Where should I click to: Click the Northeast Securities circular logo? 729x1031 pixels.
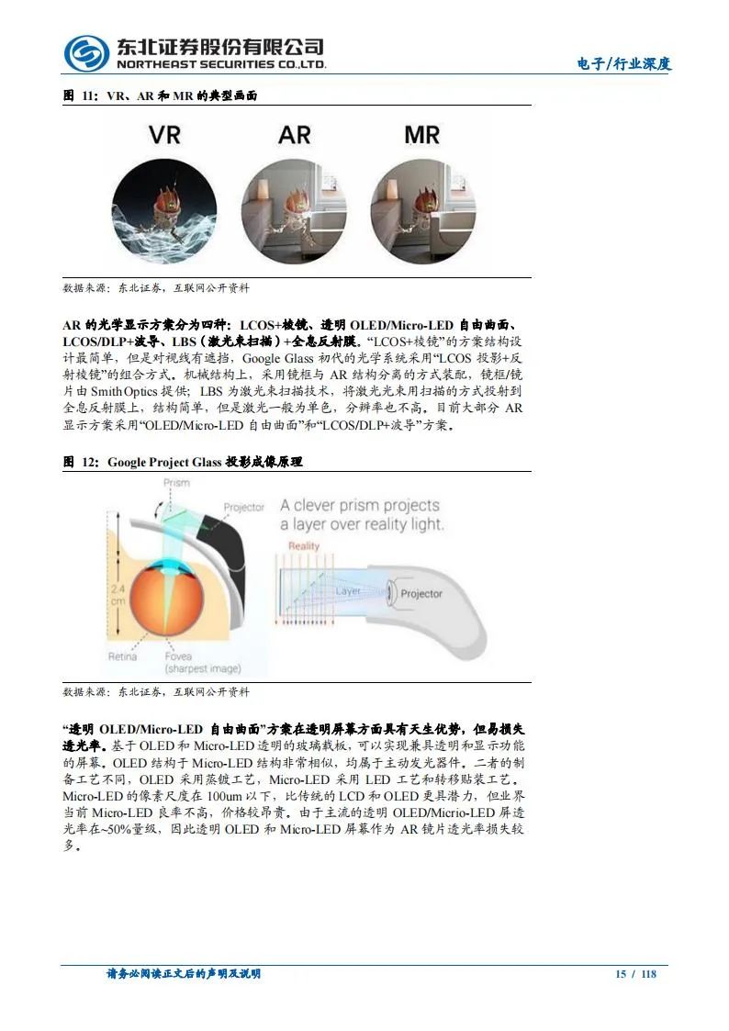click(x=85, y=54)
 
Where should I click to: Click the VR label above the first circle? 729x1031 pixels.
click(x=165, y=135)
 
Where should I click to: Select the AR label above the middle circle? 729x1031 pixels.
click(x=295, y=135)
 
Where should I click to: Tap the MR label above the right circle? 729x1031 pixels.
click(x=422, y=135)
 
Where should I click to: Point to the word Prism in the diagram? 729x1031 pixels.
click(x=176, y=482)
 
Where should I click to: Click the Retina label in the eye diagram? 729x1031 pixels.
click(x=122, y=656)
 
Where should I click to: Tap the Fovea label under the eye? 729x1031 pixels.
click(x=178, y=656)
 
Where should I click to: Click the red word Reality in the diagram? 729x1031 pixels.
click(x=304, y=546)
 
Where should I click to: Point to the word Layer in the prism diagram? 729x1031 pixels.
click(x=348, y=591)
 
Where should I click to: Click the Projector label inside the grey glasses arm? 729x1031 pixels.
click(x=421, y=594)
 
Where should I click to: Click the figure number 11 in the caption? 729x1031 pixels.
click(x=89, y=95)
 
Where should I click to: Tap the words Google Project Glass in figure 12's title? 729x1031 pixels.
click(x=164, y=462)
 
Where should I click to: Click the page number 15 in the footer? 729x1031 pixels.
click(x=621, y=974)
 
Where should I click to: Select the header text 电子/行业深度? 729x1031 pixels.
click(x=623, y=64)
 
